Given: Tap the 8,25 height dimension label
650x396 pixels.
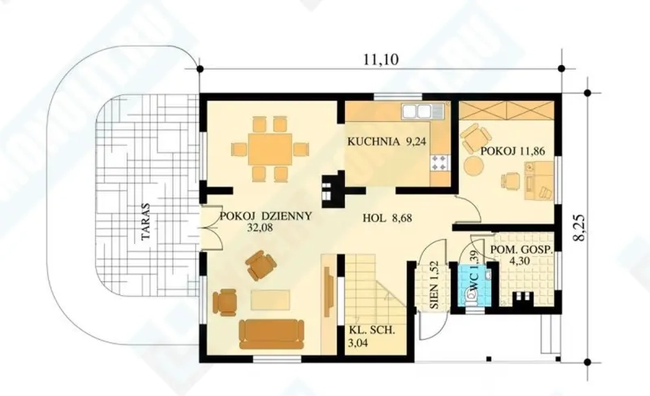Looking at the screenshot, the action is [x=579, y=227].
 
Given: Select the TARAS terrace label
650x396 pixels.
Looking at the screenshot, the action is [x=145, y=222].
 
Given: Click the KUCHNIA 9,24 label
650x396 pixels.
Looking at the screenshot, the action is [x=387, y=142].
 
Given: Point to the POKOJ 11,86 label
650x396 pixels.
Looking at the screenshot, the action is [x=512, y=151].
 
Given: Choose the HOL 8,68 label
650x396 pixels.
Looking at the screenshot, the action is [x=387, y=218].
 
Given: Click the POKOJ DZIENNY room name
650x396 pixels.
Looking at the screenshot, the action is [x=266, y=216].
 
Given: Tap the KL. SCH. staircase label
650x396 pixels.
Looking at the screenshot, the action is [x=372, y=331].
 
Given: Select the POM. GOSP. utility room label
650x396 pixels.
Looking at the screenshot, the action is [x=521, y=249].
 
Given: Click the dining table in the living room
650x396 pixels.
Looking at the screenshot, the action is [x=270, y=149].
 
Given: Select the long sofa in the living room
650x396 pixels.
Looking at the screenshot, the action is [x=272, y=333].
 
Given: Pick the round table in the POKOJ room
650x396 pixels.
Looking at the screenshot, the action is [x=474, y=167].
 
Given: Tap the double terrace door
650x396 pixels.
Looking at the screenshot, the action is [x=211, y=228].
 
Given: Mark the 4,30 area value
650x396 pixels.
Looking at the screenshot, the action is [x=521, y=261].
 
